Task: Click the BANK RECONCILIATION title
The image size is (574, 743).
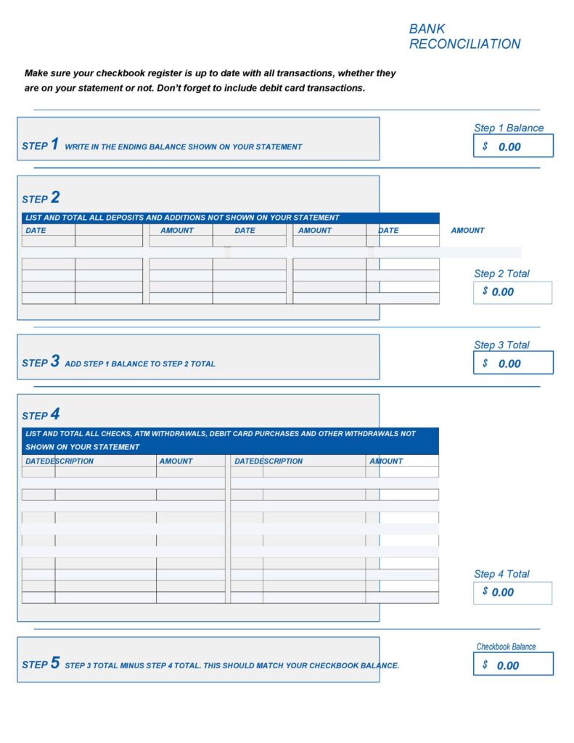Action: pyautogui.click(x=464, y=36)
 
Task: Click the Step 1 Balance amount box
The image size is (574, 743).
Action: pyautogui.click(x=513, y=146)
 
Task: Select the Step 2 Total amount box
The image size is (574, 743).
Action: pyautogui.click(x=512, y=292)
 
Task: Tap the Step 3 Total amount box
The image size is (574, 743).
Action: pyautogui.click(x=513, y=363)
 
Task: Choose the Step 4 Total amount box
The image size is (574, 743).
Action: pyautogui.click(x=512, y=593)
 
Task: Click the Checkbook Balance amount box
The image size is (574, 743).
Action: pyautogui.click(x=513, y=664)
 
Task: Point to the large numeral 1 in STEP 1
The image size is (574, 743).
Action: pyautogui.click(x=54, y=144)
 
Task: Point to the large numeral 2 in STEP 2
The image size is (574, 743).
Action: pyautogui.click(x=55, y=197)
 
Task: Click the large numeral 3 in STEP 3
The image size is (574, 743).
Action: pyautogui.click(x=55, y=361)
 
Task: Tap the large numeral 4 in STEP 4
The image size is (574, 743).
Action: pyautogui.click(x=55, y=414)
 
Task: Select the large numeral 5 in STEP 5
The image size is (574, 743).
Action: pyautogui.click(x=55, y=663)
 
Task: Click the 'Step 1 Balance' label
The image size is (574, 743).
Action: pyautogui.click(x=509, y=128)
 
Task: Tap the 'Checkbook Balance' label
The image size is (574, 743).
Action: pyautogui.click(x=506, y=646)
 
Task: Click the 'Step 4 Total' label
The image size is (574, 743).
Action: pyautogui.click(x=501, y=574)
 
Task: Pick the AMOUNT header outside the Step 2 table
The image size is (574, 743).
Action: pyautogui.click(x=467, y=230)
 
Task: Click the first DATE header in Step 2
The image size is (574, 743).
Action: pyautogui.click(x=36, y=230)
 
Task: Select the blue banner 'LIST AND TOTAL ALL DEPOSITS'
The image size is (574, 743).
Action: pyautogui.click(x=182, y=218)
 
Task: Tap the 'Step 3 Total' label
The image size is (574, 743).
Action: pyautogui.click(x=501, y=345)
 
